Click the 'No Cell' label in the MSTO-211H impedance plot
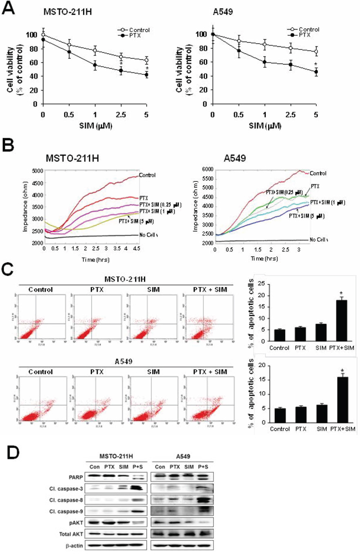[148, 236]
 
